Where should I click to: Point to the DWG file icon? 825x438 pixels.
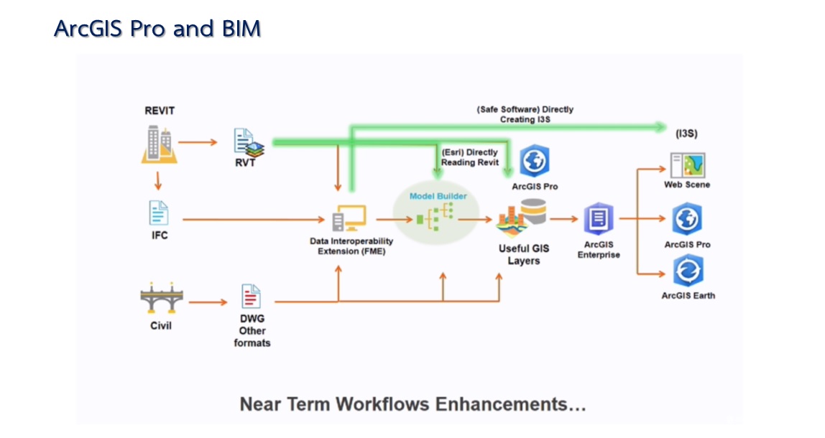coord(250,297)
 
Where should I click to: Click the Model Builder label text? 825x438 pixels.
coord(438,196)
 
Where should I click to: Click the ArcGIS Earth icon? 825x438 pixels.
coord(688,273)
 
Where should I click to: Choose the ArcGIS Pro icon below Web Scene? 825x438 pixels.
coord(687,220)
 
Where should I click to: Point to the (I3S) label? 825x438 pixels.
coord(687,134)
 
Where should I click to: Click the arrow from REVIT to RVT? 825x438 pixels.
coord(198,142)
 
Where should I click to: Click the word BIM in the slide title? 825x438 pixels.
coord(240,28)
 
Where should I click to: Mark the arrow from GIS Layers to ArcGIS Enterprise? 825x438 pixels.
coord(564,219)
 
